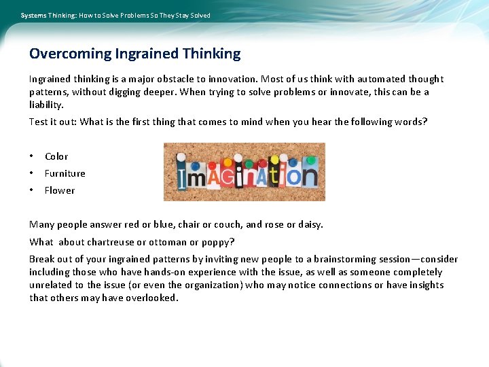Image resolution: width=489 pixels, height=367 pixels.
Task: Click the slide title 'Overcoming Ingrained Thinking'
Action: coord(134,53)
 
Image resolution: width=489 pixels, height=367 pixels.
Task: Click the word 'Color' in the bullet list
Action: coord(56,156)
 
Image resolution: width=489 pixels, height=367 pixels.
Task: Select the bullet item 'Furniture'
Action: coord(65,173)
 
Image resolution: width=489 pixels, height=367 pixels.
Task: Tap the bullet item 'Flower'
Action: coord(60,190)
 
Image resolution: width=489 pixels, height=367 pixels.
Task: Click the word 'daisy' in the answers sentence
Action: coord(308,225)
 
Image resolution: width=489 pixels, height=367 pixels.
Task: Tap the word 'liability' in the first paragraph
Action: coord(46,105)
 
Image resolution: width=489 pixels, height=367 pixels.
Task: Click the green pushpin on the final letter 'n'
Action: coord(311,160)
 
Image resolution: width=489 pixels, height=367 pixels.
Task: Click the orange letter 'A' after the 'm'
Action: coord(211,176)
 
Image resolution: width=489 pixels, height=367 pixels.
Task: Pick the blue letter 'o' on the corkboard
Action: coord(293,177)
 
